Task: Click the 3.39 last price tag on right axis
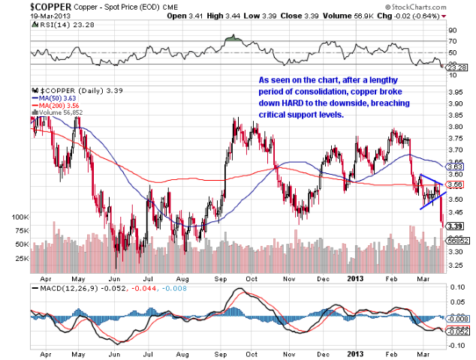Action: pos(454,225)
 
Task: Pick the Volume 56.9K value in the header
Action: pos(367,15)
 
